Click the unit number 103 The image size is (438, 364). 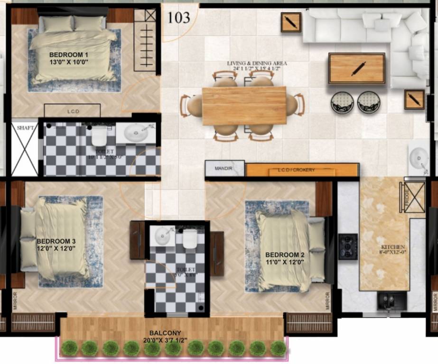178,18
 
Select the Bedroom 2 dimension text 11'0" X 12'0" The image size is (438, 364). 285,262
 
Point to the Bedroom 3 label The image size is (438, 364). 56,241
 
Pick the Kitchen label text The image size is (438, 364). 393,247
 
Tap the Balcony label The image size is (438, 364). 165,333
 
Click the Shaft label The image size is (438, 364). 24,128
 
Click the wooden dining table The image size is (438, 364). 244,106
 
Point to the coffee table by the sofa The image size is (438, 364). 356,69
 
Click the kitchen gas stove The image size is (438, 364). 347,246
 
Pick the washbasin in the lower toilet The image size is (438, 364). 164,236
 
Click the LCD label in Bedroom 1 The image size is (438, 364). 73,111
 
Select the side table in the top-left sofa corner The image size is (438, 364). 290,22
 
